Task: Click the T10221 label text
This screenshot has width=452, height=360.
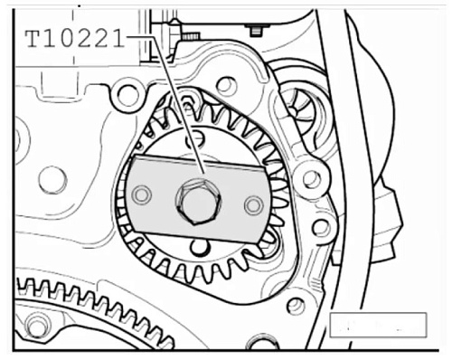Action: point(75,39)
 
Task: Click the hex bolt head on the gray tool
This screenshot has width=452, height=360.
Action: point(198,202)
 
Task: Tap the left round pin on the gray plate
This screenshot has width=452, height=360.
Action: point(142,194)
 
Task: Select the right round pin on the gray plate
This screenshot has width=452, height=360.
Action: point(254,205)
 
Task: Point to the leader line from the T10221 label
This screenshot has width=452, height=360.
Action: point(178,104)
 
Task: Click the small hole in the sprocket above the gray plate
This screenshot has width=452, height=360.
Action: point(195,138)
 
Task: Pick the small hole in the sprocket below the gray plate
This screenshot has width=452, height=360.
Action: point(200,246)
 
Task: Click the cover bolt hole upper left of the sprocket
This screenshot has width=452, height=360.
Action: point(127,94)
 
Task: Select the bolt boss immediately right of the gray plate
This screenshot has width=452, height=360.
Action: point(312,178)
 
